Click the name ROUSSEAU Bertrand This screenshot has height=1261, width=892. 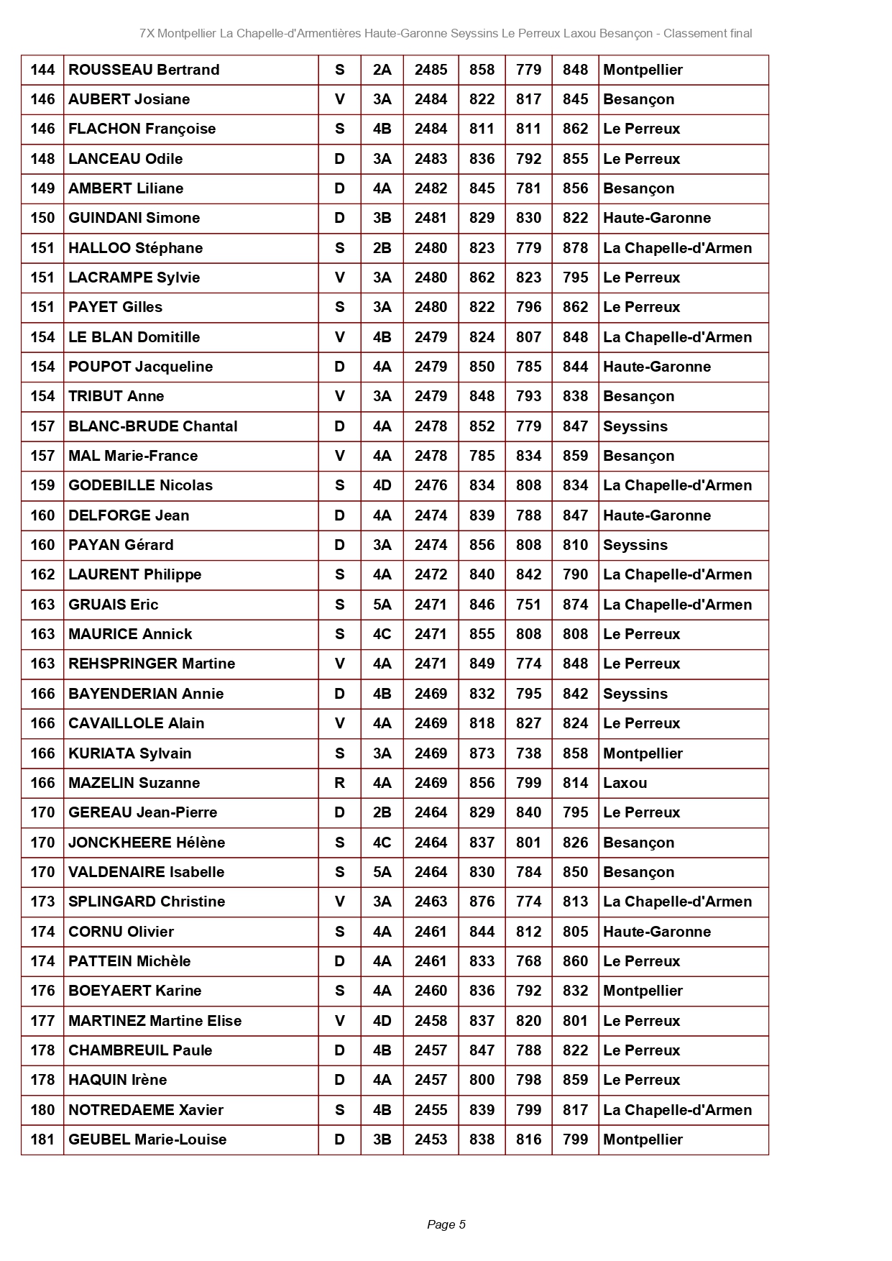144,70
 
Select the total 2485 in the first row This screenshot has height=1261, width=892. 431,70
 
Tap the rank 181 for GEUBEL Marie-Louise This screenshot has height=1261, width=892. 42,1140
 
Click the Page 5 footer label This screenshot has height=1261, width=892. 446,1224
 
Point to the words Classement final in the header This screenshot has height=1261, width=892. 708,33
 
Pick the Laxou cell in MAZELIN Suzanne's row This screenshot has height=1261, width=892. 625,783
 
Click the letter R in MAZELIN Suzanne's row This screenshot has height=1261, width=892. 340,783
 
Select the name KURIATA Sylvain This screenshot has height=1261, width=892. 130,753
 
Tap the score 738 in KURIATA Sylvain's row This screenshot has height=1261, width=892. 528,753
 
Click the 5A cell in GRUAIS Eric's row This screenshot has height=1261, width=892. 382,605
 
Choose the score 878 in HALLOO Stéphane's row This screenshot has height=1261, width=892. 575,248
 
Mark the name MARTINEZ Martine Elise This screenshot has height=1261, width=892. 155,1021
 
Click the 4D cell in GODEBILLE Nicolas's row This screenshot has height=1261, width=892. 382,485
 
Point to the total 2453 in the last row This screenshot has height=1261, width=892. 431,1140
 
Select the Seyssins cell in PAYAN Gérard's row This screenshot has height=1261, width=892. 635,545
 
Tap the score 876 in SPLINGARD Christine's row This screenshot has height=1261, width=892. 482,902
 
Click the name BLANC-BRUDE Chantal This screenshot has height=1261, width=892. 153,426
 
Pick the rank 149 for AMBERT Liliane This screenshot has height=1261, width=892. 42,188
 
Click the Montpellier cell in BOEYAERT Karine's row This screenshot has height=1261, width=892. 643,991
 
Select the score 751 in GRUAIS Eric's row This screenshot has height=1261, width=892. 528,605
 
